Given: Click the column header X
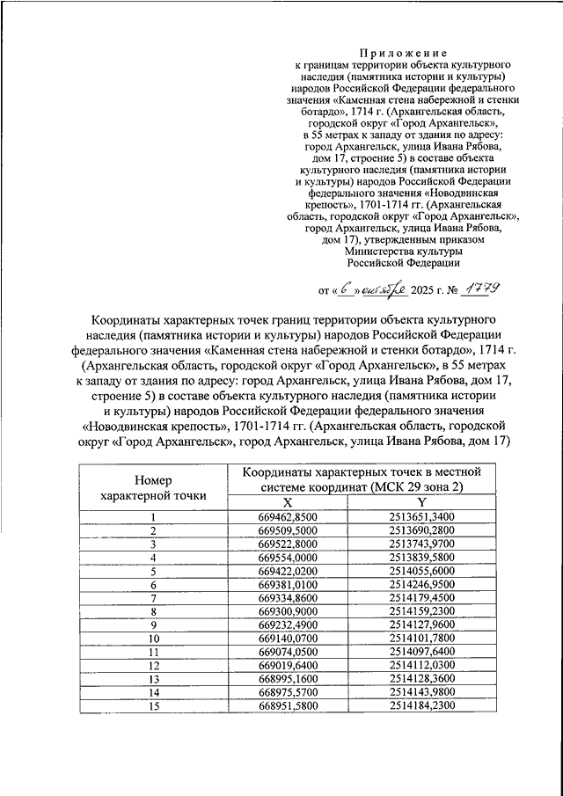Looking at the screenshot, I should tap(288, 500).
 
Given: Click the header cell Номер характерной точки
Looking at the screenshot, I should tap(153, 487).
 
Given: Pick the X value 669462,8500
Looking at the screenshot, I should tap(288, 516).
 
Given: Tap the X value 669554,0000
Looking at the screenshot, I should tap(288, 557).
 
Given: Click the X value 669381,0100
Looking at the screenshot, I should tap(288, 584).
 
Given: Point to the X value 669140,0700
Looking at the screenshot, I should tap(288, 639).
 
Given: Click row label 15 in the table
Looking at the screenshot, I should tap(153, 706).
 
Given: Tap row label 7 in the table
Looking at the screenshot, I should tap(153, 598).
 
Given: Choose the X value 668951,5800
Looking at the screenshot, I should tap(288, 706).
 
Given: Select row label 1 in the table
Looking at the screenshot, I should tap(153, 516).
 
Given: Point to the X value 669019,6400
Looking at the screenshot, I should tap(288, 666).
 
